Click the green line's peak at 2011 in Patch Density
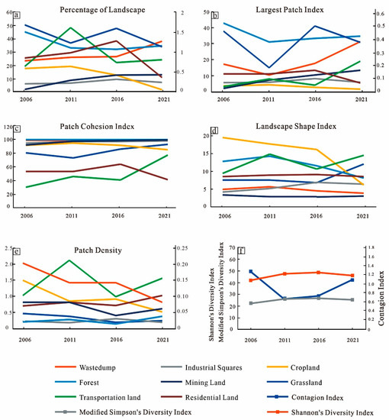click(x=70, y=260)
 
